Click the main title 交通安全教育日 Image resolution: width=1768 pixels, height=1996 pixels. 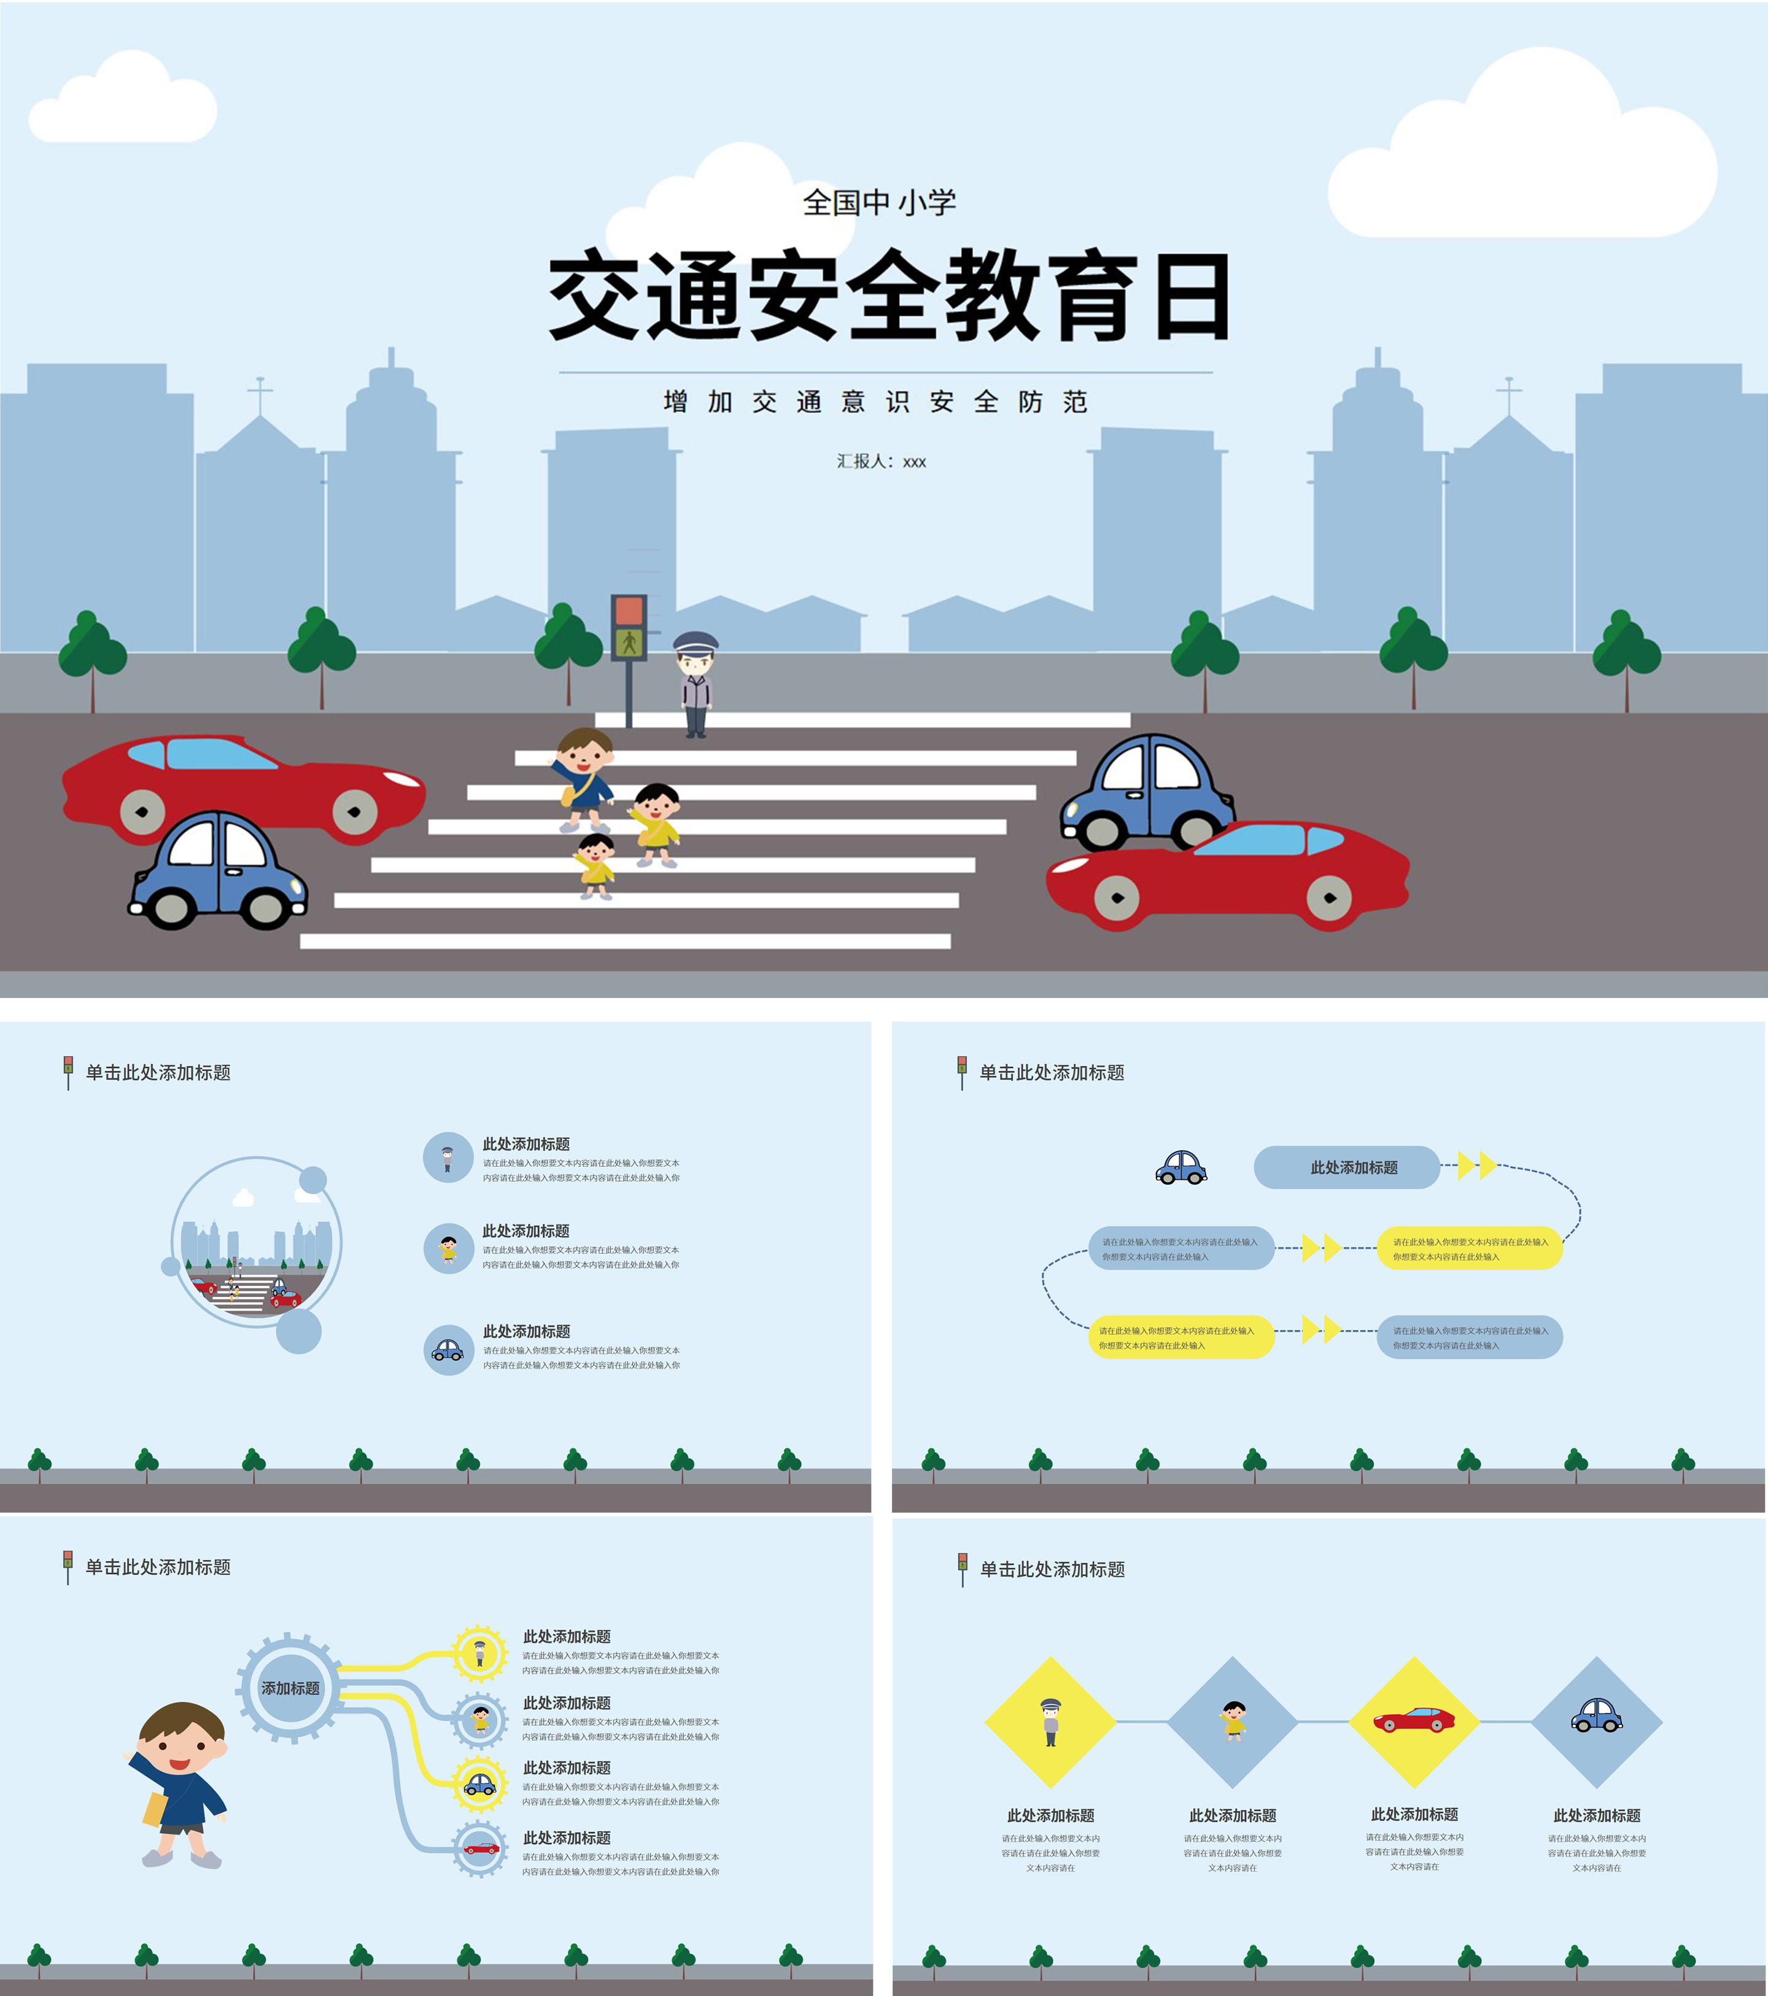[x=888, y=295]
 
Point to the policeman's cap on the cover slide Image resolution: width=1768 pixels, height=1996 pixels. [x=695, y=642]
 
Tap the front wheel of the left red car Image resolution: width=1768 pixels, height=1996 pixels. [x=142, y=811]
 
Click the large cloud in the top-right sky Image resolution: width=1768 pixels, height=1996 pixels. [x=1523, y=156]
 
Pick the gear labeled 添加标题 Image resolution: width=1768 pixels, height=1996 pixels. [x=290, y=1688]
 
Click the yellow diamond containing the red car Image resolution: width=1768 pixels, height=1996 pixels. [x=1414, y=1721]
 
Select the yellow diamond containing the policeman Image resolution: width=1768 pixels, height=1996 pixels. [x=1050, y=1721]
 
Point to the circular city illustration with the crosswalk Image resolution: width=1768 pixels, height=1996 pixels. [x=256, y=1242]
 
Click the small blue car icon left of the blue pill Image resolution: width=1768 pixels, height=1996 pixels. [x=1181, y=1167]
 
